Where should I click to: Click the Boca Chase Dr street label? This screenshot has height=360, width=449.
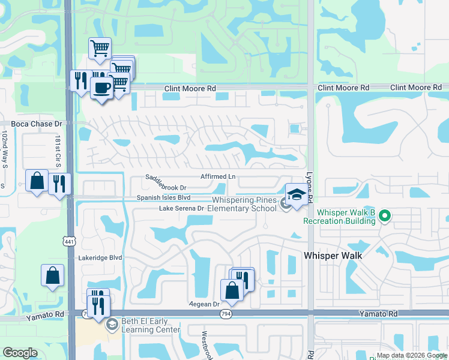tap(37, 124)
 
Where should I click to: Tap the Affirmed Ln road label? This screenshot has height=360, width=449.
tap(218, 177)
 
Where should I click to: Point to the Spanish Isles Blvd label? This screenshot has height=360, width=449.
tap(163, 197)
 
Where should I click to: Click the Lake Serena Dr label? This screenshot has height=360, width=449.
tap(182, 208)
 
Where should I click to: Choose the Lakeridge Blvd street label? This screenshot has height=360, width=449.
tap(100, 257)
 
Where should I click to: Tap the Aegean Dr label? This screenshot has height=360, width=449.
tap(205, 304)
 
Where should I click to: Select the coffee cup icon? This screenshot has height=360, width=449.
tap(101, 88)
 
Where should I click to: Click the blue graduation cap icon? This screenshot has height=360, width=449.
tap(296, 194)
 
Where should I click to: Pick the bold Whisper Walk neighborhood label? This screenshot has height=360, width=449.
tap(333, 256)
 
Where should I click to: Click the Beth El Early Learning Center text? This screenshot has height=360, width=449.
tap(151, 325)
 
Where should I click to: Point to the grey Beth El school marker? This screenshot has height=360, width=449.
tap(111, 325)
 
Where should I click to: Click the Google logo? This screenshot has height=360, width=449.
tap(20, 353)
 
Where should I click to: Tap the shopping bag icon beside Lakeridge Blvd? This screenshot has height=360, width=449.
tap(52, 276)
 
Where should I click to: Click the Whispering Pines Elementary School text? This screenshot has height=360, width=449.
tap(245, 205)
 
